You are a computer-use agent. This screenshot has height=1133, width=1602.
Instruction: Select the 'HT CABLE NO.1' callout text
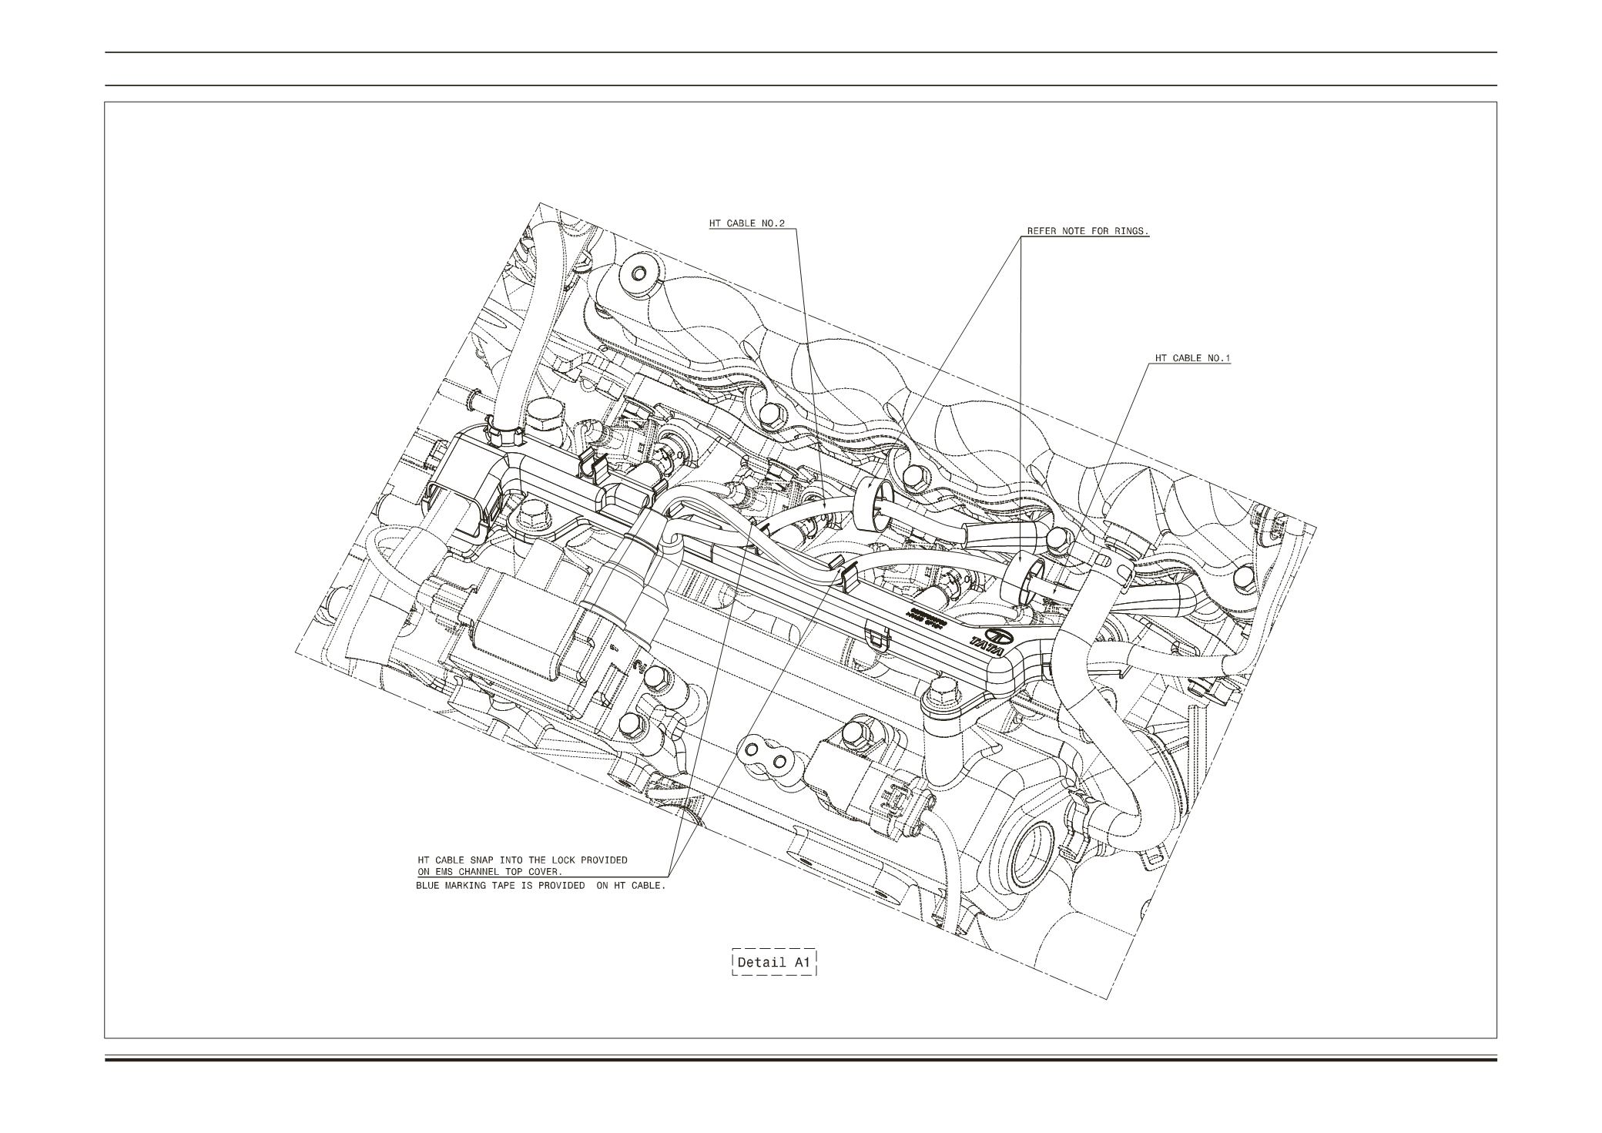1192,358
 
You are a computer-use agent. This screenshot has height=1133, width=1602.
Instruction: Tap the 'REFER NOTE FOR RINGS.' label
1088,231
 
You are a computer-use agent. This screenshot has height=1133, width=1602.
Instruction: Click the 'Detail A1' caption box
773,962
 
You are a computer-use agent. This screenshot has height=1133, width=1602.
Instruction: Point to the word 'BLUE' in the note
428,886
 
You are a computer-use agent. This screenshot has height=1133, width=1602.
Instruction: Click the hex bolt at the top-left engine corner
638,273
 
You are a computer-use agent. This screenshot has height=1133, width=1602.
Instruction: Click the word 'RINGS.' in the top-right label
1131,231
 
